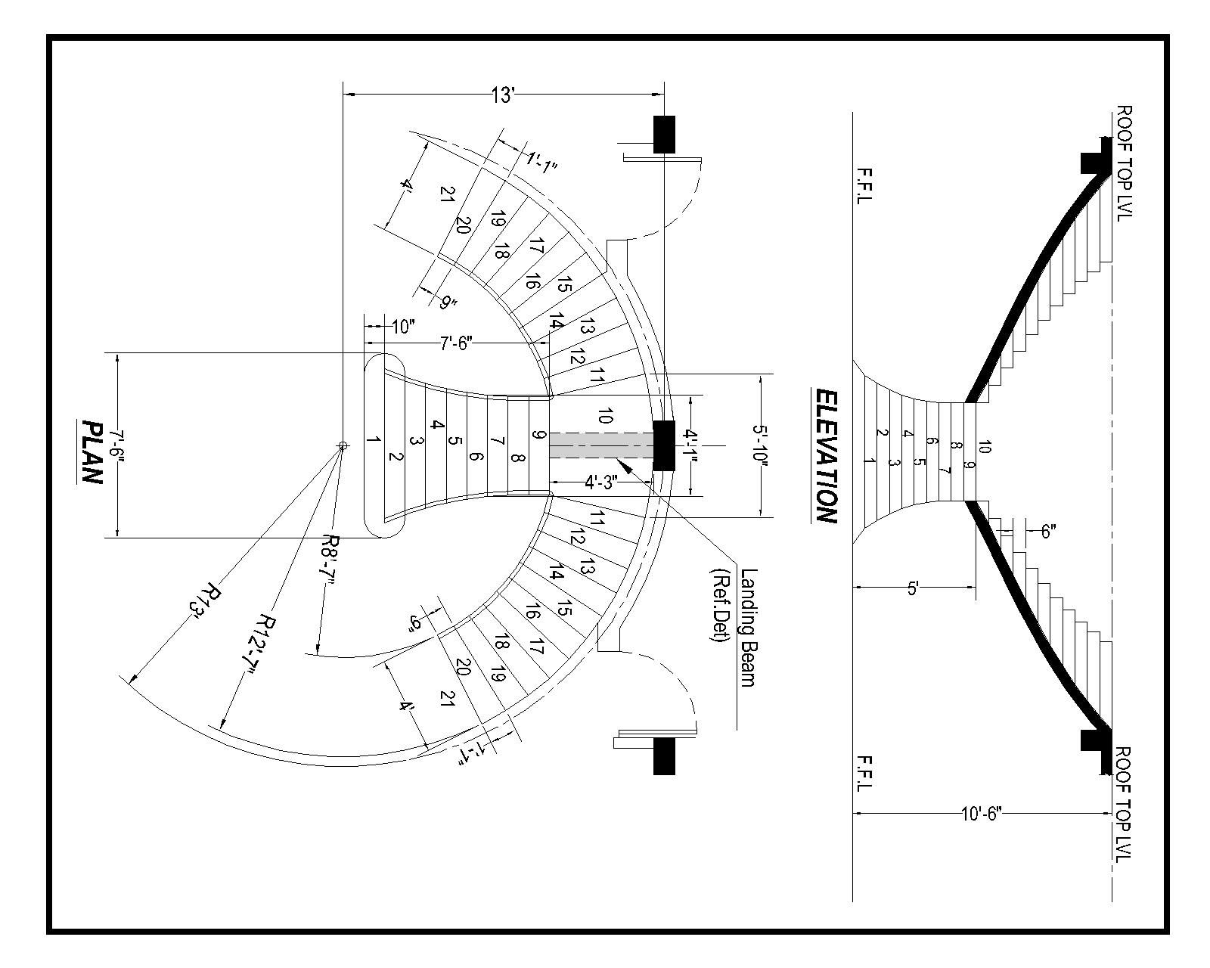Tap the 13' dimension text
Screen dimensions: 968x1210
click(x=503, y=95)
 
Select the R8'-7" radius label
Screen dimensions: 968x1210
click(x=331, y=559)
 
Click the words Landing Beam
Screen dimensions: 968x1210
click(x=747, y=628)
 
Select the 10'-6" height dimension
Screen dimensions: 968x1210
click(x=980, y=814)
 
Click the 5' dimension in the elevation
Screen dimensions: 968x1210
click(x=913, y=587)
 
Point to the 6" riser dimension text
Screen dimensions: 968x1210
click(x=1047, y=531)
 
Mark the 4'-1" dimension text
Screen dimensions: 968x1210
click(x=690, y=446)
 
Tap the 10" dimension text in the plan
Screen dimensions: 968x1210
click(x=403, y=327)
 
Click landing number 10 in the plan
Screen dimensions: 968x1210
click(x=604, y=415)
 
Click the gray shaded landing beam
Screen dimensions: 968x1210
click(x=601, y=445)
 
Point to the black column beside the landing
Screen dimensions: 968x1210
click(x=663, y=445)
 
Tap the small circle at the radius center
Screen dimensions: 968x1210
click(x=343, y=446)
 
